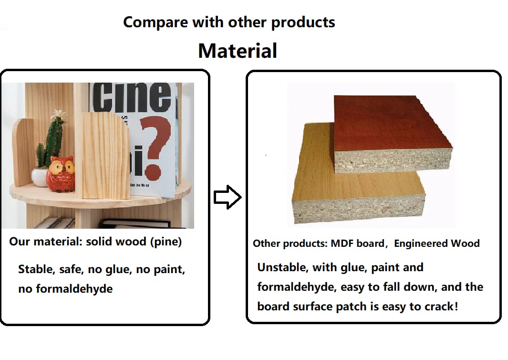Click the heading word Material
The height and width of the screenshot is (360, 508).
[238, 51]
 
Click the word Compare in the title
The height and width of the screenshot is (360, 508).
[156, 22]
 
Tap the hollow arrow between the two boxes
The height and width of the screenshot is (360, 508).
[228, 197]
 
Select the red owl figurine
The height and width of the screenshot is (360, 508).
[60, 174]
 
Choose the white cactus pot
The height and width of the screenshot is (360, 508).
[40, 177]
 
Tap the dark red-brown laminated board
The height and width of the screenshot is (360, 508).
[394, 133]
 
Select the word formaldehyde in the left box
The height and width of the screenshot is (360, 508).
[74, 289]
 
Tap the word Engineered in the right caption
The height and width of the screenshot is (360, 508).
[421, 244]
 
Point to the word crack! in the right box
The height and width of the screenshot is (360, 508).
[442, 306]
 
